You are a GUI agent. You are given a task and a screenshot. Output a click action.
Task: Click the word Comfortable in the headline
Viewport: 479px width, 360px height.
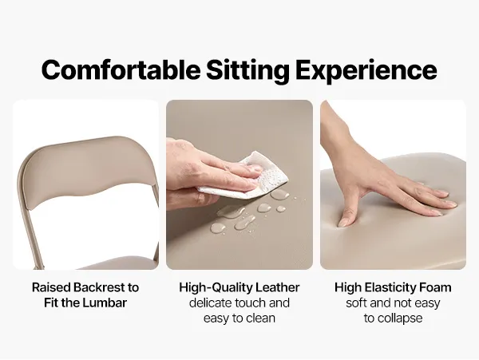121,69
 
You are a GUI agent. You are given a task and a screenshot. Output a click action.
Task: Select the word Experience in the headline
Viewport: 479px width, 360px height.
366,71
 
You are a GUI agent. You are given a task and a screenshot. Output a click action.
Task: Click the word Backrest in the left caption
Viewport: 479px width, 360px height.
99,287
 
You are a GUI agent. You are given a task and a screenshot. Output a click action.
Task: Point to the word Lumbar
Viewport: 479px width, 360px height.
105,303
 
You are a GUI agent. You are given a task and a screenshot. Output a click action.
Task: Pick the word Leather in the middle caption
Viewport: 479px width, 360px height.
277,287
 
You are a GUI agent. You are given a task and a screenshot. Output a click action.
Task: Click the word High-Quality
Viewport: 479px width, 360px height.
216,288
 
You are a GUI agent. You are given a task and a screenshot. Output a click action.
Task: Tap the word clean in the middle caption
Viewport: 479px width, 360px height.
261,318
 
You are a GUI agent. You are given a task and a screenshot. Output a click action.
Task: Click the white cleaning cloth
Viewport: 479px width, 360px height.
256,176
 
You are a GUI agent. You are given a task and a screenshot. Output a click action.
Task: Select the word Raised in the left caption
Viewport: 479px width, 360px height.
51,287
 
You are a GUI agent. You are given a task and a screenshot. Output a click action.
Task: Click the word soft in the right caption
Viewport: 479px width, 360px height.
355,303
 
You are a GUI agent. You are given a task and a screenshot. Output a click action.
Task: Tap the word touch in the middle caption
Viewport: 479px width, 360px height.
251,303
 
